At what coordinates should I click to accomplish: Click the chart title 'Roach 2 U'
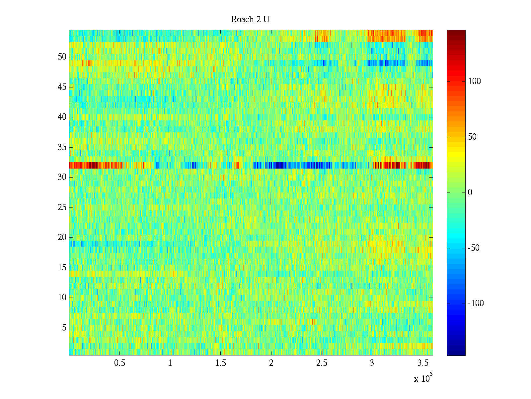[250, 20]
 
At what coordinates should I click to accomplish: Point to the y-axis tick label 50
[62, 57]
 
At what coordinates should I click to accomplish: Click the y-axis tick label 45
[62, 87]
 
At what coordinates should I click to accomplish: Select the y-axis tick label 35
[62, 147]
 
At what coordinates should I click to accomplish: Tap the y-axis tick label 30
[62, 177]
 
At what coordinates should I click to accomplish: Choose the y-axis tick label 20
[62, 237]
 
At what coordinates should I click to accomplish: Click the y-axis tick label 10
[62, 298]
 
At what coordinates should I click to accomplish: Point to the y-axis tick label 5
[64, 328]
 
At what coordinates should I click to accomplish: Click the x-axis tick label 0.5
[119, 363]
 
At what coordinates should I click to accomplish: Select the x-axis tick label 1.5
[221, 363]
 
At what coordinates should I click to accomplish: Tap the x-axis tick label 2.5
[322, 363]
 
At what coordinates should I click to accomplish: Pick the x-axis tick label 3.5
[423, 363]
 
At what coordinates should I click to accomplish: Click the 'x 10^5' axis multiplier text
[423, 378]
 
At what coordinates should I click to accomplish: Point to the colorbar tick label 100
[474, 81]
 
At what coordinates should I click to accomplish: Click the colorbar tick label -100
[476, 304]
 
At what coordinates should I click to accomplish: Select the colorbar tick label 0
[470, 193]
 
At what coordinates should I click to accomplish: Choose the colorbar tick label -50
[474, 248]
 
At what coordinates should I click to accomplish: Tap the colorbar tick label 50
[472, 137]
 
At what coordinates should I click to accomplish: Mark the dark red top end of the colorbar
[456, 32]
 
